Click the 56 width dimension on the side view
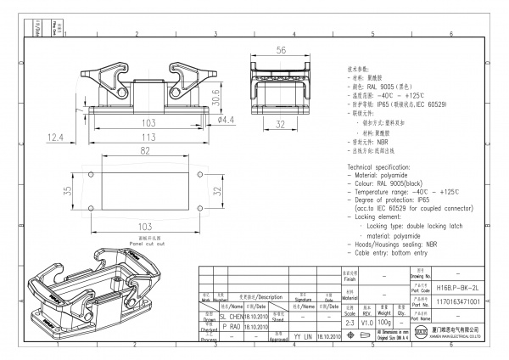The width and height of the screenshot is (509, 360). click(x=279, y=49)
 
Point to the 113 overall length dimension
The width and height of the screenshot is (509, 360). click(x=148, y=135)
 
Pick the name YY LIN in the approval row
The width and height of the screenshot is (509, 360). click(x=302, y=336)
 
